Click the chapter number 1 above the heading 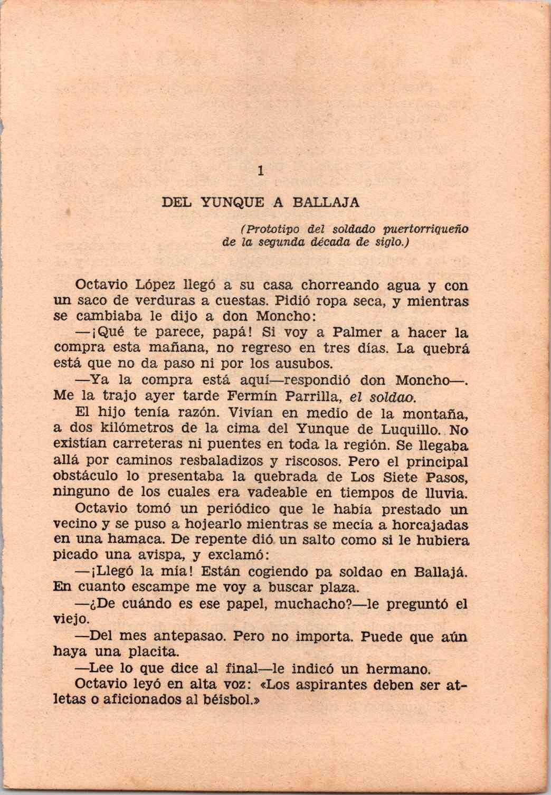260,171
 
